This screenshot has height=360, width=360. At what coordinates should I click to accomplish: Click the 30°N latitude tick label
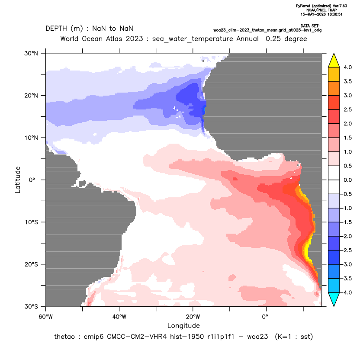click(31, 53)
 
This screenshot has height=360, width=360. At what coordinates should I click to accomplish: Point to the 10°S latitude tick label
click(31, 222)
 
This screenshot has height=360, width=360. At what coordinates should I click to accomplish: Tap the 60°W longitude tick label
click(46, 317)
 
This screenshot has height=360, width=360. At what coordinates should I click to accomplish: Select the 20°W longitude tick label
click(193, 317)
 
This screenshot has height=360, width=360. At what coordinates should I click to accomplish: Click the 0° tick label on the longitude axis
click(265, 317)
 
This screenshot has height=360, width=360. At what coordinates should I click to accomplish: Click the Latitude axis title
click(18, 180)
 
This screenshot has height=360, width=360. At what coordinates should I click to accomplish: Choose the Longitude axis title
click(183, 325)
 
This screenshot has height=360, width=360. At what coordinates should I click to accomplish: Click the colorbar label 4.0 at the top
click(347, 67)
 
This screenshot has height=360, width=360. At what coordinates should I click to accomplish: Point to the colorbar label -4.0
click(347, 292)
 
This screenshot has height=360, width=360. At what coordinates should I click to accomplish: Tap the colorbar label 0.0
click(347, 180)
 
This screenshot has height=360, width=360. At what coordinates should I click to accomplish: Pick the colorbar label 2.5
click(347, 109)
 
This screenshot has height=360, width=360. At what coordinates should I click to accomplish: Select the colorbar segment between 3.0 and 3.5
click(334, 88)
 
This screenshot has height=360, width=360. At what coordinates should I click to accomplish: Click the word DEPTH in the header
click(56, 29)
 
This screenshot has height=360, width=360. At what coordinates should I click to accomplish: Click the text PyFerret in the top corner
click(303, 6)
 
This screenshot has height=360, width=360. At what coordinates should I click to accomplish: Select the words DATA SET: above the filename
click(310, 26)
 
